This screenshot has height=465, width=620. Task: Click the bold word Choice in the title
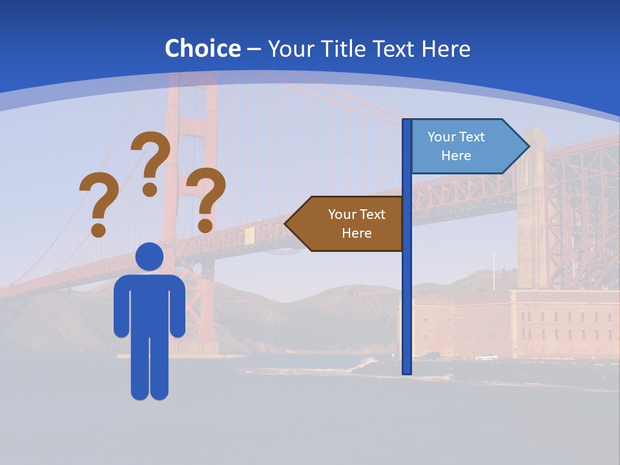click(202, 48)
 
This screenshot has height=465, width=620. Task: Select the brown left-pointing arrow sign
click(349, 223)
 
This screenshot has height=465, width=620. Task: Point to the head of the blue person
click(149, 256)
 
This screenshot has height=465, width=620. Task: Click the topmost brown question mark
click(152, 158)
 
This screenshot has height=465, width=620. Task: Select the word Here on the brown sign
click(356, 233)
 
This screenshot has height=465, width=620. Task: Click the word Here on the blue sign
click(456, 156)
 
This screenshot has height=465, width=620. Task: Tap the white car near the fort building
click(486, 358)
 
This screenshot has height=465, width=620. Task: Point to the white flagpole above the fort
click(494, 270)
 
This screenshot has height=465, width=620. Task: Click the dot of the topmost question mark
click(150, 189)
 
